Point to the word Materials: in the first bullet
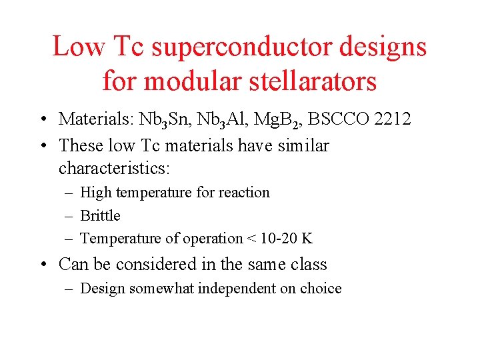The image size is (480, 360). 96,119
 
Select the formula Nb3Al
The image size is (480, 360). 211,120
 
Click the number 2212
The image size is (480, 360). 393,119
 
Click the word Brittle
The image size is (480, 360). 100,215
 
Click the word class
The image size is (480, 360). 309,264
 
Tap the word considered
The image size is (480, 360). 157,264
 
